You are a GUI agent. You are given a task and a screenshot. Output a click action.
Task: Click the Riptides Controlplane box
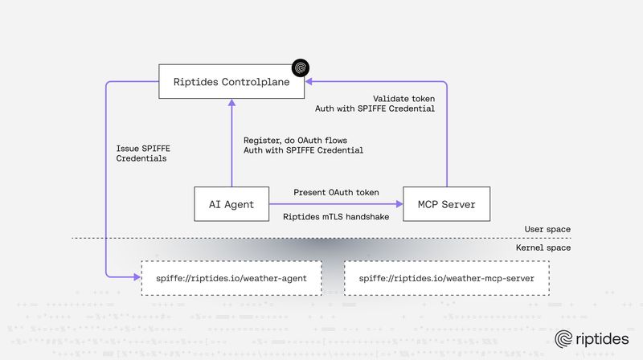tap(231, 82)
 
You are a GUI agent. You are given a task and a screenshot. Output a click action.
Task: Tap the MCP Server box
tap(445, 204)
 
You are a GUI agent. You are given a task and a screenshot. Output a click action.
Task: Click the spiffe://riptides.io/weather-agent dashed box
tap(232, 278)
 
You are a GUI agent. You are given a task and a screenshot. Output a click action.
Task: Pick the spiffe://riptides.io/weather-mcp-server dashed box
tap(446, 278)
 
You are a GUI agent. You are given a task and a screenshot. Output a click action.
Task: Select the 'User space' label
tap(548, 230)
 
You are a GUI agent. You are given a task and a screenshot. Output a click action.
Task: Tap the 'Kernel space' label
tap(544, 247)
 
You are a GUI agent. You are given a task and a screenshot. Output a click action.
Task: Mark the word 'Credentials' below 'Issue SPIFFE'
tap(142, 158)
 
